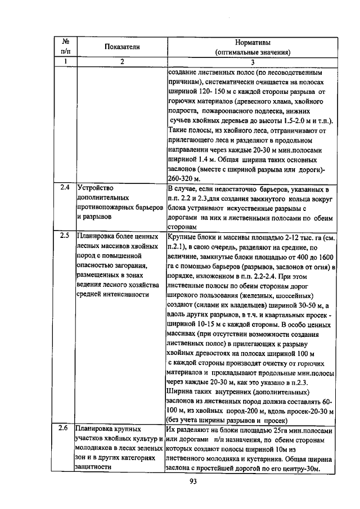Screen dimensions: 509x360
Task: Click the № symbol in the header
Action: pos(65,42)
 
